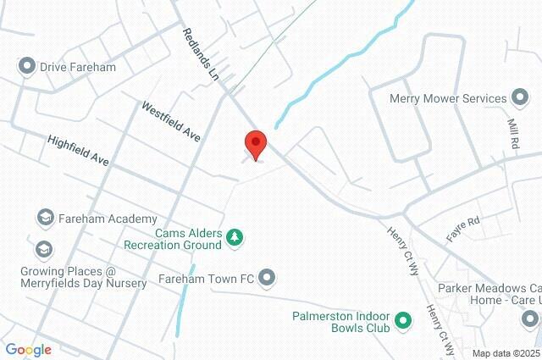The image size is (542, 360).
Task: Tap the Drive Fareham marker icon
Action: [26, 65]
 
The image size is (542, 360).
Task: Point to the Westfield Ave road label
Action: [170, 122]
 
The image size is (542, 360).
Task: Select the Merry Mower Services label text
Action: [447, 98]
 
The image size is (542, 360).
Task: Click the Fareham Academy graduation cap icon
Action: [43, 219]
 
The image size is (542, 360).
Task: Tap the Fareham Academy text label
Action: [97, 219]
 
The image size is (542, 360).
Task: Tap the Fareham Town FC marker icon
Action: [268, 277]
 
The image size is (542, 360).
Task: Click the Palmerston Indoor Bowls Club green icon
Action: [403, 321]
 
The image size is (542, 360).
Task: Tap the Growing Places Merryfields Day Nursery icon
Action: [43, 250]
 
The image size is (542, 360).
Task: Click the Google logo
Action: [28, 349]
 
